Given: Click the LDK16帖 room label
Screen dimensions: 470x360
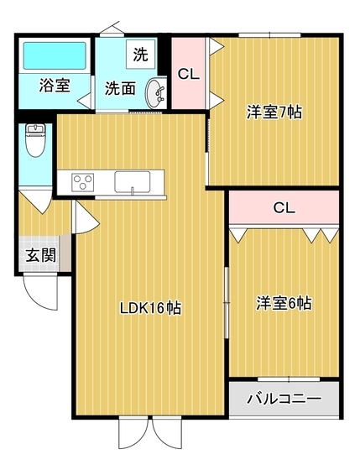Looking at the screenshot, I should point(149,307).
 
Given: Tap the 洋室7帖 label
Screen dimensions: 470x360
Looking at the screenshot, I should point(274,112).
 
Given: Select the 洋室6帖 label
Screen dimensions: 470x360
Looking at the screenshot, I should point(284,303).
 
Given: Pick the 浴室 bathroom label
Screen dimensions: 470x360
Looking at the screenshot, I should point(55,86).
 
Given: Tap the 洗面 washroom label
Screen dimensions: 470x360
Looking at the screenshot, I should point(121,86).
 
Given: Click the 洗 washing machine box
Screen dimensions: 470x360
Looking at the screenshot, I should point(140,56).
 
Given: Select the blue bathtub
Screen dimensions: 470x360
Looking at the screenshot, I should point(55,55).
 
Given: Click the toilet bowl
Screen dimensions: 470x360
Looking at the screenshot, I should point(34,141).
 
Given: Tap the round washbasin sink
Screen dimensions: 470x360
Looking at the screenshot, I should point(155,92).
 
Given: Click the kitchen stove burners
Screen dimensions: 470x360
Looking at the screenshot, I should point(84,181).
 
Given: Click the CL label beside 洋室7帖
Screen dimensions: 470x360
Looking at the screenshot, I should point(189,74).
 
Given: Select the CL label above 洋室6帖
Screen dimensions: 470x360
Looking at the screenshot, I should point(284,207).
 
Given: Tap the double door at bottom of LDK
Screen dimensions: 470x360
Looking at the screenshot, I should point(149,432).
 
